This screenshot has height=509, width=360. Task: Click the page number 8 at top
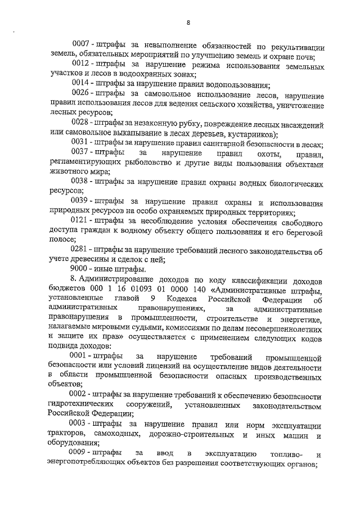coord(188,22)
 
